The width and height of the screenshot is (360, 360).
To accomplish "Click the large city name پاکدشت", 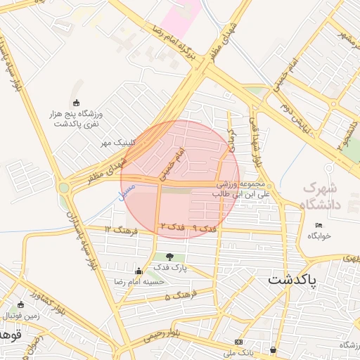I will (x=292, y=279).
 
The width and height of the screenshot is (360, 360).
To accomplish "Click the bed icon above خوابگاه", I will (x=319, y=225).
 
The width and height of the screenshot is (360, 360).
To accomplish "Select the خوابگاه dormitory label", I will (x=319, y=236).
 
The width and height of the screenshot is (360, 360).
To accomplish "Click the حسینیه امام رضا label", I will (x=140, y=281).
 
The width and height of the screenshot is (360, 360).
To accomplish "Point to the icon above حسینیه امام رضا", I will (x=139, y=271).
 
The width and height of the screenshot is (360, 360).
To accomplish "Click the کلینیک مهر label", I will (x=116, y=143).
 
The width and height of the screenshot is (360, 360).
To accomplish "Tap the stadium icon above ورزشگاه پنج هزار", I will (x=77, y=103).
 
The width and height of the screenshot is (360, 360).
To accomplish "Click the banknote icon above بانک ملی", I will (x=238, y=342).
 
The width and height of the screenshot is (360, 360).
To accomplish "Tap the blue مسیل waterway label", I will (x=125, y=192).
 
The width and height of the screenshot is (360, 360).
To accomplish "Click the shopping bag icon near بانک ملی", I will (x=273, y=349).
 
